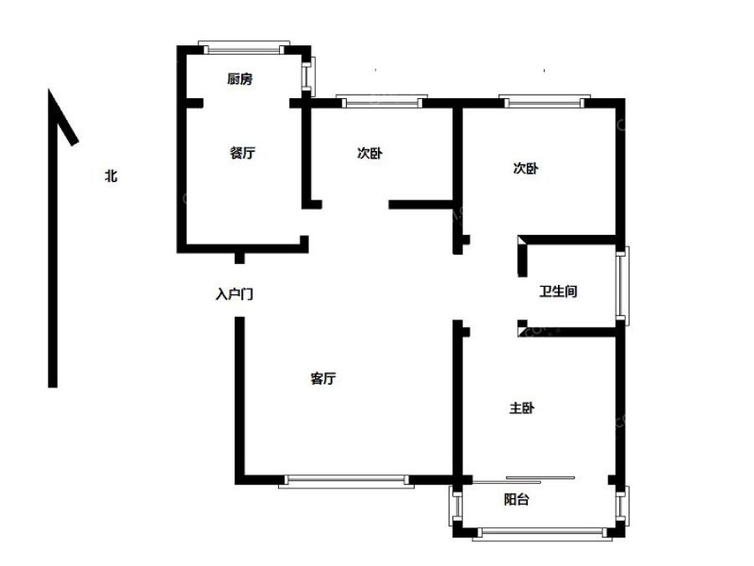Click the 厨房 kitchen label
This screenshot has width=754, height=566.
pyautogui.click(x=240, y=80)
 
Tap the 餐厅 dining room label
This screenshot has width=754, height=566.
pyautogui.click(x=242, y=153)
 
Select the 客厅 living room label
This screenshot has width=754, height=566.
pyautogui.click(x=323, y=379)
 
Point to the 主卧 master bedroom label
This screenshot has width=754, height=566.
pyautogui.click(x=522, y=408)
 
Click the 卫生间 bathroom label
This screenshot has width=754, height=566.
pyautogui.click(x=557, y=292)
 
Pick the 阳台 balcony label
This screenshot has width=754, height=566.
pyautogui.click(x=516, y=501)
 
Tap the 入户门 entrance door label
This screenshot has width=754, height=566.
pyautogui.click(x=235, y=294)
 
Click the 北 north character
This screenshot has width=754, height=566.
pyautogui.click(x=111, y=176)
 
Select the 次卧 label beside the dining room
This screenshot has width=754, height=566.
pyautogui.click(x=370, y=153)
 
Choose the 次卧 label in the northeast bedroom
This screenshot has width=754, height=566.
pyautogui.click(x=525, y=168)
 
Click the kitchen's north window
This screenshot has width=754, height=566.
pyautogui.click(x=244, y=45)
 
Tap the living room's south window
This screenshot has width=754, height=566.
pyautogui.click(x=347, y=480)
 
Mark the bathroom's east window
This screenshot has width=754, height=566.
pyautogui.click(x=621, y=285)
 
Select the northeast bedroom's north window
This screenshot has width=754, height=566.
pyautogui.click(x=541, y=102)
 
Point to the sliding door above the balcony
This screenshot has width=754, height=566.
pyautogui.click(x=524, y=479)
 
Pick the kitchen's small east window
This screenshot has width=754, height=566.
pyautogui.click(x=307, y=76)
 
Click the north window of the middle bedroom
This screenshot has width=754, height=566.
pyautogui.click(x=380, y=102)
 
